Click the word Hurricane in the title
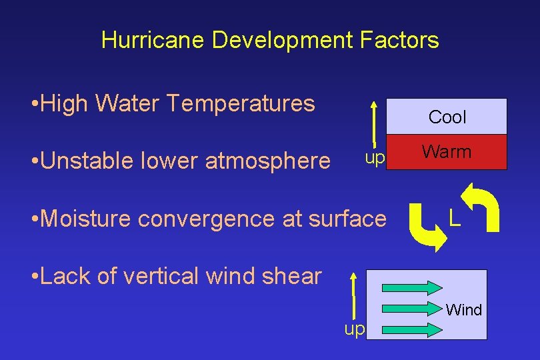[153, 41]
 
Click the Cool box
[447, 117]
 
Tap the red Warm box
[447, 153]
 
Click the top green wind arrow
[412, 287]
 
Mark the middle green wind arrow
[412, 307]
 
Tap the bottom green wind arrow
[412, 328]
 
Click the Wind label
[464, 309]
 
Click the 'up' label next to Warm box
[375, 159]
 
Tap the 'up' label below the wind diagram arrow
[354, 329]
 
